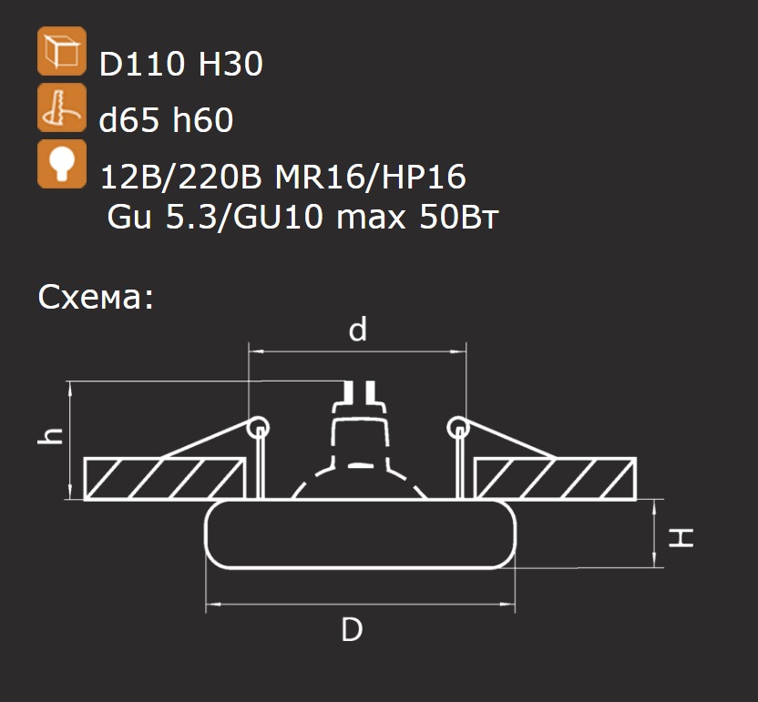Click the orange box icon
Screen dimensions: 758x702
coord(62,51)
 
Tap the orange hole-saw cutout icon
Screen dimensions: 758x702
coord(62,107)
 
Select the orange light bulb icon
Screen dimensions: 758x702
coord(62,164)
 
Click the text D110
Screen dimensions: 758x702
coord(141,64)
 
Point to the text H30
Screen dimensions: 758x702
coord(230,64)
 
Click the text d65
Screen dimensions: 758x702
coord(128,119)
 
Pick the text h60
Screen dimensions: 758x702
coord(203,119)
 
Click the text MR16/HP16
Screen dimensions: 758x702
coord(370,177)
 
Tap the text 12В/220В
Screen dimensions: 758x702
coord(180,177)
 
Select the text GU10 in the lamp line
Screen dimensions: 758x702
coord(279,217)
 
